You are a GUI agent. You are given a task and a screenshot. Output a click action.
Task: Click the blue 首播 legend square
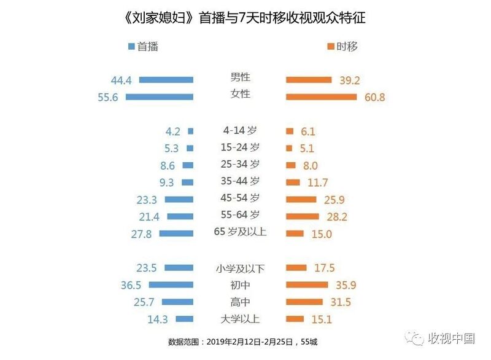point(131,46)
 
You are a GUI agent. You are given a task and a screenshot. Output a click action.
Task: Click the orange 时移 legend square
point(331,46)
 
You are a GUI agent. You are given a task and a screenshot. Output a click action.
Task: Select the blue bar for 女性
point(160,97)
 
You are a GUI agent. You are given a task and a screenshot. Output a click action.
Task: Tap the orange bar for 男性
point(309,80)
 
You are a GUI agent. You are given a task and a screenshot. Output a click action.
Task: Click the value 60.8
point(374,97)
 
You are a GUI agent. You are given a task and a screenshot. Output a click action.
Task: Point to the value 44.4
point(121,80)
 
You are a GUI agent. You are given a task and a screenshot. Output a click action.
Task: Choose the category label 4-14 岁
point(240,130)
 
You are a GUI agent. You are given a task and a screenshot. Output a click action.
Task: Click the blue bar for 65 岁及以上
point(176,233)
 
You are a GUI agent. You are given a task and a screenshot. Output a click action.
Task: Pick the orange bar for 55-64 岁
point(303,216)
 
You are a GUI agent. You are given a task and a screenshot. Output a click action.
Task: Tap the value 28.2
point(337,216)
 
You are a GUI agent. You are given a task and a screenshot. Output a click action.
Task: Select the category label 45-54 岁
point(240,198)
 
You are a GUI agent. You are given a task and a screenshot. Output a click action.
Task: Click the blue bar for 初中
point(171,285)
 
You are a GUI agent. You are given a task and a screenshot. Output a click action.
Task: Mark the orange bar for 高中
point(304,302)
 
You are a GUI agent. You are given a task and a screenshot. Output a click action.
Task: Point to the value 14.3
point(158,319)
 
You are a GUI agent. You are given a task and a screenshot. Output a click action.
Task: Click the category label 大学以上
point(240,319)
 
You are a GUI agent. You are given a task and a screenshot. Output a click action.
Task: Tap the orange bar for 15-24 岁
point(289,148)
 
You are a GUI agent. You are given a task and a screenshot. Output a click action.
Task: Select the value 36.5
point(131,285)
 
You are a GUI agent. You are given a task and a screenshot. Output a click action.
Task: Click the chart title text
point(245,18)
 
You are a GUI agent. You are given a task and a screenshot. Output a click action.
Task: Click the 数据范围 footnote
point(242,342)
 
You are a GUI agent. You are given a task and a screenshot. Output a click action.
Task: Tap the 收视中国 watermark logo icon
point(415,338)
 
